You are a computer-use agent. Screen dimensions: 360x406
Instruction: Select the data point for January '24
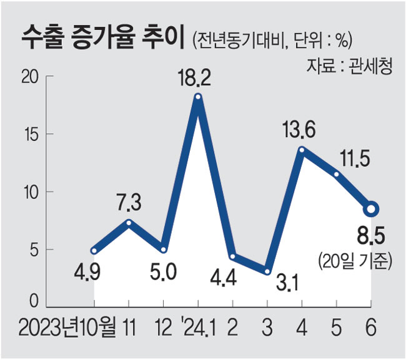pyautogui.click(x=198, y=97)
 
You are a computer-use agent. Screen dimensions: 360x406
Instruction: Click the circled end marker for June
pyautogui.click(x=371, y=209)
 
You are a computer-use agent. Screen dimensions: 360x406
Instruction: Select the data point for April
pyautogui.click(x=302, y=150)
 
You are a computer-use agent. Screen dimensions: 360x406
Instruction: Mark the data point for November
pyautogui.click(x=129, y=222)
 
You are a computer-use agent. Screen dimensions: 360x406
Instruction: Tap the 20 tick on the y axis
pyautogui.click(x=30, y=77)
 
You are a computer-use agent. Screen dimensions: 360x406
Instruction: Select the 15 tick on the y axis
pyautogui.click(x=30, y=135)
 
